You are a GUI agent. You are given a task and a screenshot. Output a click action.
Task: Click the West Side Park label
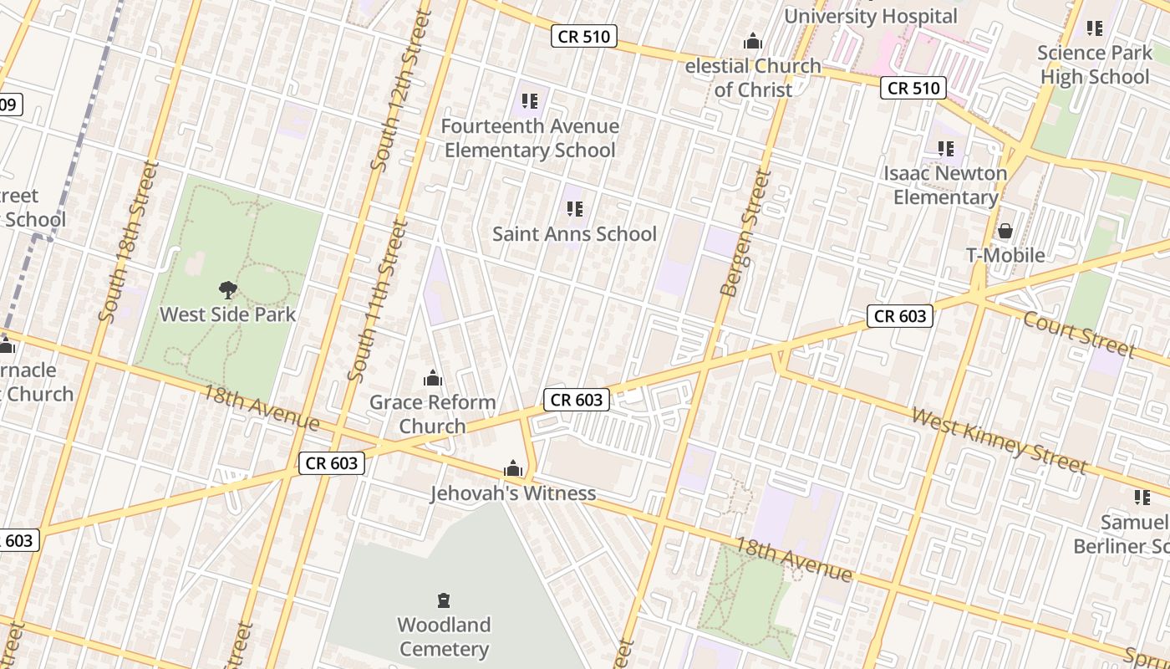pyautogui.click(x=227, y=315)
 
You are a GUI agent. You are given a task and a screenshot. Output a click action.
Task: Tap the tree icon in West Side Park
pyautogui.click(x=227, y=290)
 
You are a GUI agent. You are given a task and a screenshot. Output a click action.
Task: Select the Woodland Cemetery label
pyautogui.click(x=444, y=636)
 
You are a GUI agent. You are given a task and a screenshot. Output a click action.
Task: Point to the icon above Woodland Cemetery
pyautogui.click(x=444, y=600)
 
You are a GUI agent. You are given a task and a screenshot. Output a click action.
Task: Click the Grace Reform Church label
pyautogui.click(x=432, y=414)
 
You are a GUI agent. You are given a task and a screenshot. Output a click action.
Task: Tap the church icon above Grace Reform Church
pyautogui.click(x=432, y=378)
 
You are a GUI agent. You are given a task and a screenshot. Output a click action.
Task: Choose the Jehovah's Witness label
pyautogui.click(x=513, y=493)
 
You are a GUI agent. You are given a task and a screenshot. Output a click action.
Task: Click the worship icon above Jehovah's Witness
pyautogui.click(x=513, y=468)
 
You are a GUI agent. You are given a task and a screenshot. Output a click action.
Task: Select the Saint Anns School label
pyautogui.click(x=574, y=234)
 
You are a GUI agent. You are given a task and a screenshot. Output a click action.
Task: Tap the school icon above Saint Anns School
pyautogui.click(x=574, y=209)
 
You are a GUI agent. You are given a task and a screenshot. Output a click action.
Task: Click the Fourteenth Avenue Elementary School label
pyautogui.click(x=530, y=138)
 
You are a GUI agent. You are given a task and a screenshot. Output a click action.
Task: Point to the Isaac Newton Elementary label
pyautogui.click(x=946, y=185)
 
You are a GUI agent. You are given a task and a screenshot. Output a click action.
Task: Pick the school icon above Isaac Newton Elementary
pyautogui.click(x=946, y=149)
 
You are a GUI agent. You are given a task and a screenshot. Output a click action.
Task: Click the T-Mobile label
pyautogui.click(x=1005, y=255)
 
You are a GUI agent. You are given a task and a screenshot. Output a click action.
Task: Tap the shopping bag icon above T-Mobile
pyautogui.click(x=1005, y=230)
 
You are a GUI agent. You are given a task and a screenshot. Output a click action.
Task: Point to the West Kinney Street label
pyautogui.click(x=999, y=440)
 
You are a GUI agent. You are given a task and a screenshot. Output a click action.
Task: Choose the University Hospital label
pyautogui.click(x=870, y=16)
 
